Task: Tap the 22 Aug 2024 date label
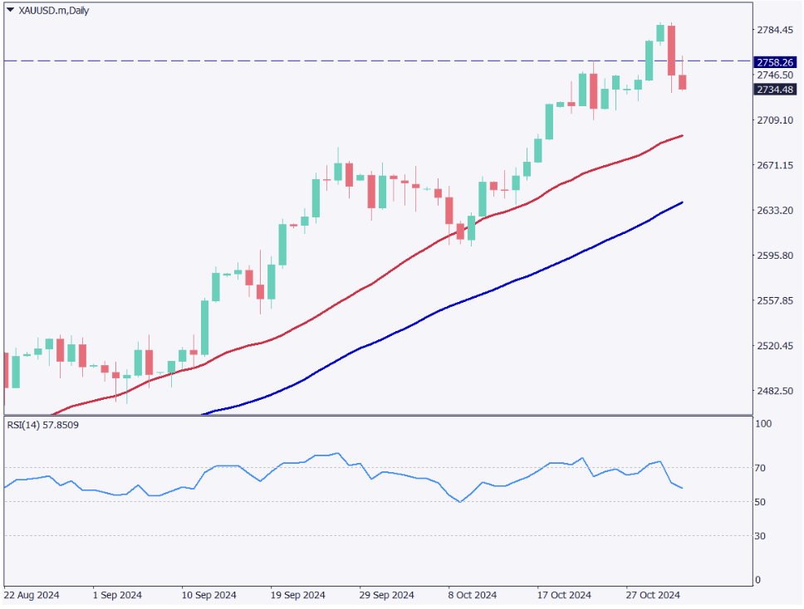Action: [32, 595]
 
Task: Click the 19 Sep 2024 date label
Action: [297, 595]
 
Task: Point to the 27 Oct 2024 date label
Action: [654, 595]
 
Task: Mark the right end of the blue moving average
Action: [683, 202]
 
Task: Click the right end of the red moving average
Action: [683, 134]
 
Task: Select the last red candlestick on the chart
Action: [682, 81]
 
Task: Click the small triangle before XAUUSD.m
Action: [9, 10]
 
